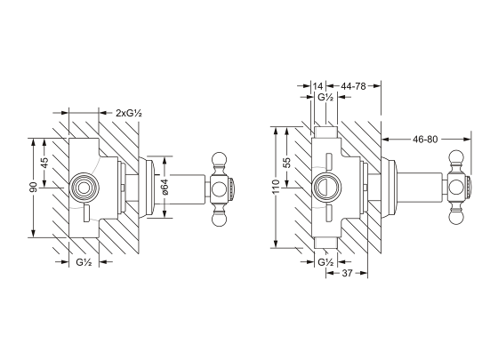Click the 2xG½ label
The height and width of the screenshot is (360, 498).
(x=132, y=113)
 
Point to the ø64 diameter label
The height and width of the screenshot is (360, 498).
(x=165, y=188)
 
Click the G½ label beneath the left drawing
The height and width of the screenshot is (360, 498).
(x=85, y=263)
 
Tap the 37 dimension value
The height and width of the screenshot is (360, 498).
(x=350, y=275)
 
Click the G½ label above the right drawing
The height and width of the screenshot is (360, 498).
(x=325, y=98)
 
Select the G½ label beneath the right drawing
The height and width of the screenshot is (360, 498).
(x=325, y=263)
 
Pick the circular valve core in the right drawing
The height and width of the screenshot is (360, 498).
(x=325, y=188)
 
